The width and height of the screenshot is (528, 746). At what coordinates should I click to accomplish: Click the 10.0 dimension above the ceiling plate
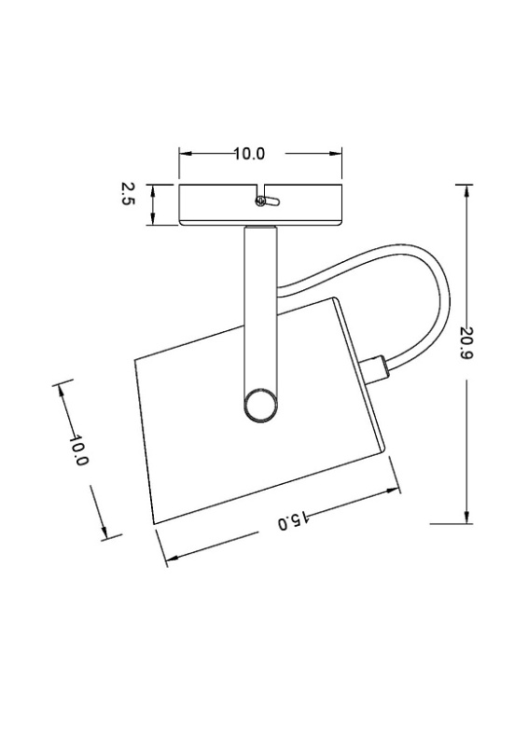click(x=249, y=154)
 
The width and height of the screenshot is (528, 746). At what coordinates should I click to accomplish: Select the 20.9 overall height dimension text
click(x=467, y=351)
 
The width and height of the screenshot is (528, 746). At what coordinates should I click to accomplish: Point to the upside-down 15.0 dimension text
click(x=292, y=521)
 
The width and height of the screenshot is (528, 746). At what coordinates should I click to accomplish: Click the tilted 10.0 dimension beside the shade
click(x=78, y=450)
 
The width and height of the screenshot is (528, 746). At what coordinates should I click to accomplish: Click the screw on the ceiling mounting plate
click(x=260, y=201)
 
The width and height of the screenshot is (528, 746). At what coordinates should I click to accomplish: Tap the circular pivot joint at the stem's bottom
click(x=260, y=407)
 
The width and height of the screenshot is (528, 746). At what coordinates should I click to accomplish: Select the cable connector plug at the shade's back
click(x=375, y=368)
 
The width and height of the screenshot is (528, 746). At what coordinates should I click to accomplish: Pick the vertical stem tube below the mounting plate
click(x=260, y=310)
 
